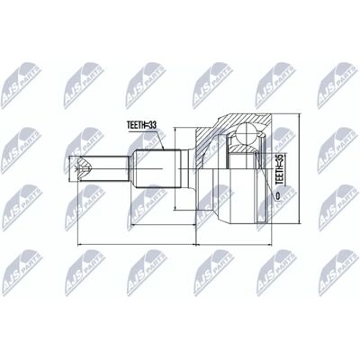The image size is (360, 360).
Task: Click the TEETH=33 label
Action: point(141,125)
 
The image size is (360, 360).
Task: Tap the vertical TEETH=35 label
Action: point(279,170)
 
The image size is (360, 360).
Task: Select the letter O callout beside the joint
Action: point(277,195)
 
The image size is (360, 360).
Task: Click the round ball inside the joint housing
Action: point(247,132)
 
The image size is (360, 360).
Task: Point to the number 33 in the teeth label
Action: point(153,125)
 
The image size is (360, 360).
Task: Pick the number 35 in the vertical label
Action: point(279,159)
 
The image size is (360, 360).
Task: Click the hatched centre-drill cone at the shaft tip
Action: point(85,168)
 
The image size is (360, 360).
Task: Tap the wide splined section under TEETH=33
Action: point(156,168)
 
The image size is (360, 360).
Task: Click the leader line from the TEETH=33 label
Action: point(160,139)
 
